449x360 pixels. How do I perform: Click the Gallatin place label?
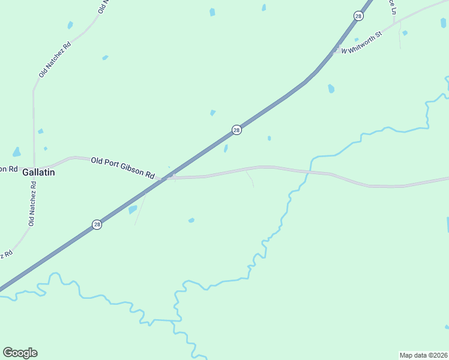(38, 172)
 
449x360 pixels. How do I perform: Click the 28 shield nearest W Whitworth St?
(358, 16)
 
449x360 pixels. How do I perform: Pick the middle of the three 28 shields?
(237, 130)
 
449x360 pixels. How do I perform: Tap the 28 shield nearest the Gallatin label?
(97, 224)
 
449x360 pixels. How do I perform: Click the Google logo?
(20, 353)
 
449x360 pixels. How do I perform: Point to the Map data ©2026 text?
(423, 355)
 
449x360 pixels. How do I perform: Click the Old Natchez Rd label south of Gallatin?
(33, 204)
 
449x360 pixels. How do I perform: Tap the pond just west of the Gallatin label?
(17, 152)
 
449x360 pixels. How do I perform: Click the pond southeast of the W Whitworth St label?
(331, 89)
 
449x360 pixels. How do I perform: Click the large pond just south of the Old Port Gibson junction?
(133, 209)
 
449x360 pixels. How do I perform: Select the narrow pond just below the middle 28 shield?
(226, 148)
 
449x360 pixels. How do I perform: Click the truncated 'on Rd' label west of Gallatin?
(8, 169)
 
